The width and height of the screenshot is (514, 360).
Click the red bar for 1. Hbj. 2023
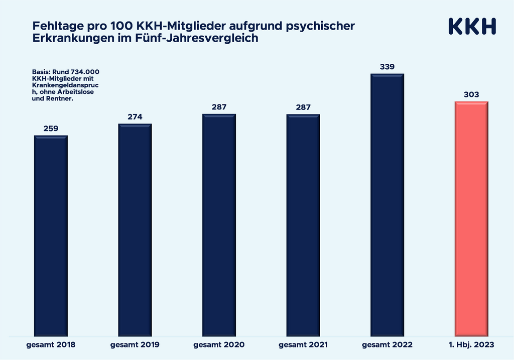pyautogui.click(x=471, y=218)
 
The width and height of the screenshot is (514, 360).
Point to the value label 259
pyautogui.click(x=51, y=129)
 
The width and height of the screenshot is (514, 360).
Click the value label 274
pyautogui.click(x=135, y=117)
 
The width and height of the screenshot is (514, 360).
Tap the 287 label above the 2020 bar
pyautogui.click(x=219, y=107)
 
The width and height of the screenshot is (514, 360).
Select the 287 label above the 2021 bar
pyautogui.click(x=303, y=107)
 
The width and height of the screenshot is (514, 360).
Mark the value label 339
pyautogui.click(x=387, y=66)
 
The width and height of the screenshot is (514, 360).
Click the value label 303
pyautogui.click(x=471, y=94)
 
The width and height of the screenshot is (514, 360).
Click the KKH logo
pyautogui.click(x=471, y=27)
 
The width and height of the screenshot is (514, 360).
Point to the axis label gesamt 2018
pyautogui.click(x=51, y=345)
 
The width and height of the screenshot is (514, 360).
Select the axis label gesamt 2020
pyautogui.click(x=219, y=345)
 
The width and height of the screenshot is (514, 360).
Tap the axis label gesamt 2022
pyautogui.click(x=387, y=345)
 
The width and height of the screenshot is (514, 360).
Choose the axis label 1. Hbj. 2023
pyautogui.click(x=471, y=345)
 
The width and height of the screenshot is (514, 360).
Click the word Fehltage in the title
pyautogui.click(x=52, y=26)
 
